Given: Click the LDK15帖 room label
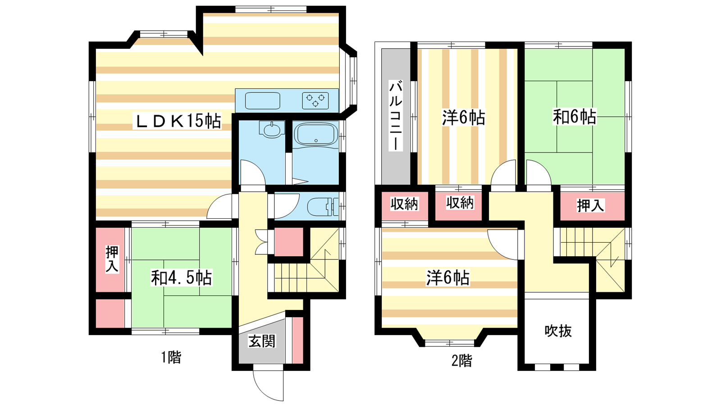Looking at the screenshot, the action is click(178, 121).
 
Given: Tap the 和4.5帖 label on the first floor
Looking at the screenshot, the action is click(182, 278).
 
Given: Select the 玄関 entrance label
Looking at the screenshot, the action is click(262, 341).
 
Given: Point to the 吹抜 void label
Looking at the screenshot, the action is click(558, 331).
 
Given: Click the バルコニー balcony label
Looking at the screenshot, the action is click(396, 116).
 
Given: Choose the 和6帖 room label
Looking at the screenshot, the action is click(575, 117).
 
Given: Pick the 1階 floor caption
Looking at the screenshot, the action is click(171, 357).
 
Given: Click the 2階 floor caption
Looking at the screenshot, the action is click(461, 360).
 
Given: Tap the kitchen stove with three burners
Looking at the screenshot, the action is click(315, 100).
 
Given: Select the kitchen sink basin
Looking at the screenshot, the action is click(263, 101).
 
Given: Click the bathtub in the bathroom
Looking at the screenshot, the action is click(316, 134).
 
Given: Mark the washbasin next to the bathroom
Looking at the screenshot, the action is click(272, 129).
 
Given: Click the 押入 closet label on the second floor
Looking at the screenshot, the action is click(591, 206).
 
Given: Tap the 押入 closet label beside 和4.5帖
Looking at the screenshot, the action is click(112, 259).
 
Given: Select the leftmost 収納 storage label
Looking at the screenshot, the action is click(404, 204).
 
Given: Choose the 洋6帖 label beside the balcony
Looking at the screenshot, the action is click(464, 117).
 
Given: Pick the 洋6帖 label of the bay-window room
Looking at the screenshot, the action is click(448, 278).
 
